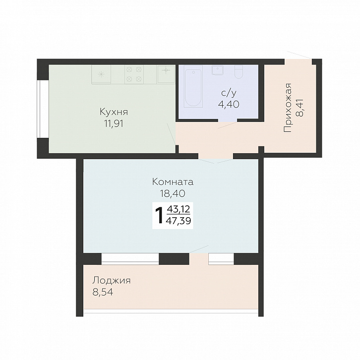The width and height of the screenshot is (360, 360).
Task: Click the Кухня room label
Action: [114, 112]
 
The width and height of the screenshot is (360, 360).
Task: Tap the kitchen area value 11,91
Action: [114, 124]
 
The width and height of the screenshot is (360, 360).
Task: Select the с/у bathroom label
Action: [229, 93]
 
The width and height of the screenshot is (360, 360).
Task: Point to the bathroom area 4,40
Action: [229, 104]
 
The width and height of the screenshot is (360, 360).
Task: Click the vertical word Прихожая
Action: [288, 108]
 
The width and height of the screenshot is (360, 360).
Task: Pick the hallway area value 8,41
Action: [300, 108]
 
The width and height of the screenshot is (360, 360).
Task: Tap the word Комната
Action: [173, 182]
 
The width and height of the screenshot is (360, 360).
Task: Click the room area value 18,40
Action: [173, 193]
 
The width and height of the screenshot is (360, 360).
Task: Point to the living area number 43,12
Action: [179, 209]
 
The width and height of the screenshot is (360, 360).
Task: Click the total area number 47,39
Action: [178, 221]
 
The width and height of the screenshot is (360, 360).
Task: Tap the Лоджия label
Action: [112, 281]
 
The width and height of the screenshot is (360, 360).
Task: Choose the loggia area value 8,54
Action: [103, 292]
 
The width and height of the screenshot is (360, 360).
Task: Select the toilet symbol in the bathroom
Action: [239, 71]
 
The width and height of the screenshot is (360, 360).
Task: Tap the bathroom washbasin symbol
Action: [217, 70]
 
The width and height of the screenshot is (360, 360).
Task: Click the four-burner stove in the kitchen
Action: [134, 74]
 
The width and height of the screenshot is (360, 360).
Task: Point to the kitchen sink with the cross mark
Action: [166, 74]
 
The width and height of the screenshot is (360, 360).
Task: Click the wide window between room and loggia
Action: [130, 259]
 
